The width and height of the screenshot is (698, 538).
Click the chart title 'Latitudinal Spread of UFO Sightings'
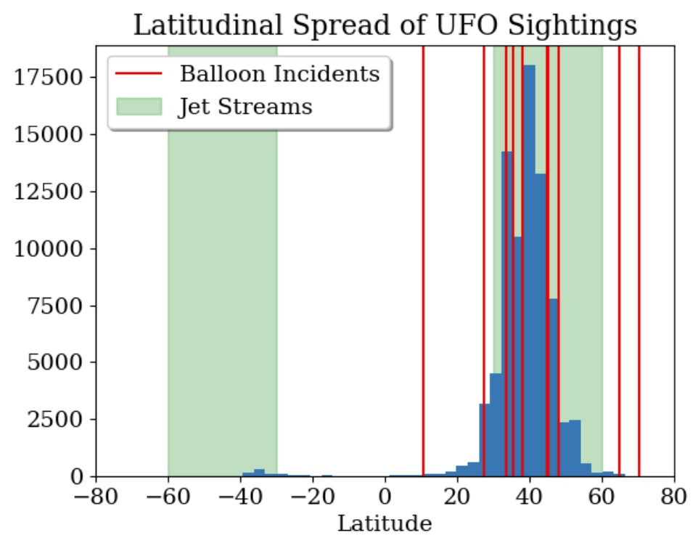385,25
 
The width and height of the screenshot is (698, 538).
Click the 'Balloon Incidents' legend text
279,73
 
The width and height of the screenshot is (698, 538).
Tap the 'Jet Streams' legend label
245,107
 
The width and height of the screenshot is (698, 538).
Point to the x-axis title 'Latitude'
385,522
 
